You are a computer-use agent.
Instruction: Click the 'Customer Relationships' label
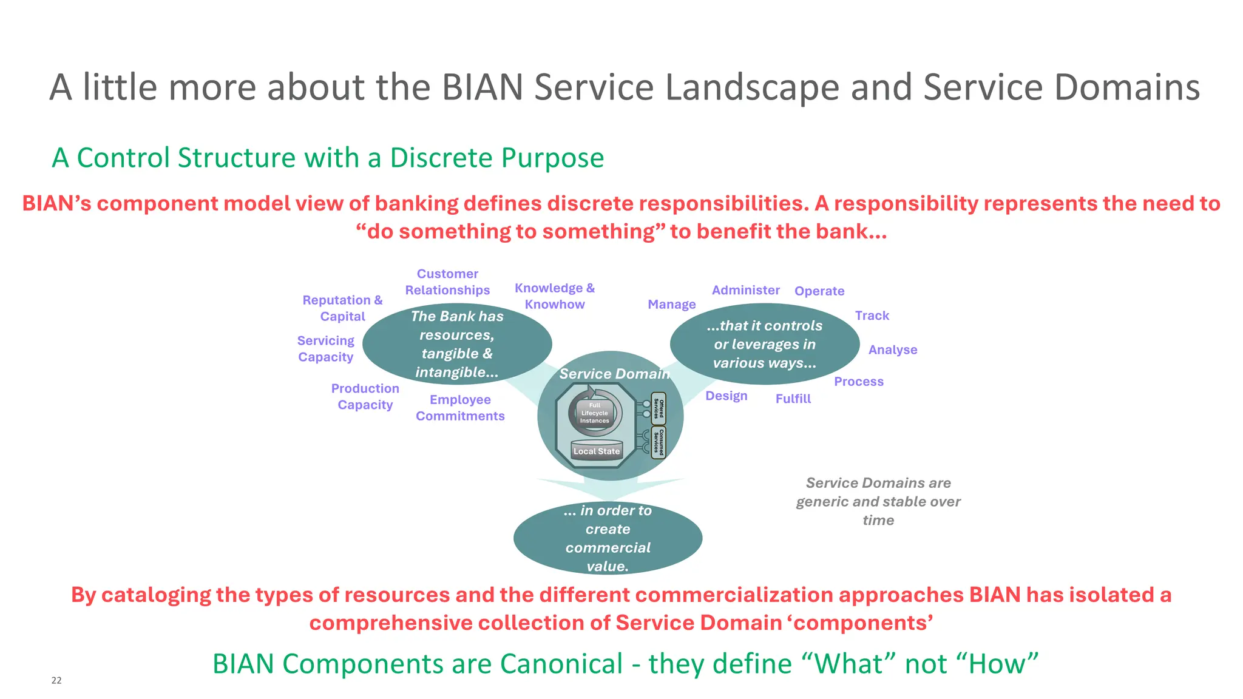pyautogui.click(x=447, y=282)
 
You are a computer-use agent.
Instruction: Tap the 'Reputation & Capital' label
pyautogui.click(x=342, y=308)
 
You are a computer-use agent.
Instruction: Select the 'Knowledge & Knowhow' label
pyautogui.click(x=555, y=296)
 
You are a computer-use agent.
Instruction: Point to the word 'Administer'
pyautogui.click(x=745, y=290)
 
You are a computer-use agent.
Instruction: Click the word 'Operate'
pyautogui.click(x=819, y=291)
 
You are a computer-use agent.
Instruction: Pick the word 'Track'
pyautogui.click(x=872, y=316)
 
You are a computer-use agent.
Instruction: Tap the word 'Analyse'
pyautogui.click(x=892, y=349)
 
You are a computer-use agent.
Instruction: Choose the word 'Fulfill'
pyautogui.click(x=793, y=399)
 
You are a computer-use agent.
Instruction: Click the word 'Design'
pyautogui.click(x=726, y=396)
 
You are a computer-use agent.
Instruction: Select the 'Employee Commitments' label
pyautogui.click(x=460, y=408)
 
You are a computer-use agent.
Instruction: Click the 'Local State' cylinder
pyautogui.click(x=597, y=450)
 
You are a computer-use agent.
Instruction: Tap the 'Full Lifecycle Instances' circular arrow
pyautogui.click(x=595, y=413)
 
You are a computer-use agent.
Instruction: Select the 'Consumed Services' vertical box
pyautogui.click(x=659, y=442)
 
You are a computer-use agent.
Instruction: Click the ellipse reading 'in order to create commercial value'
pyautogui.click(x=608, y=538)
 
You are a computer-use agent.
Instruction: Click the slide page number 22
pyautogui.click(x=56, y=680)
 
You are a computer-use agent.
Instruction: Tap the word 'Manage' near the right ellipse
pyautogui.click(x=671, y=305)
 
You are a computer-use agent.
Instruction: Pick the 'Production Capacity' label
pyautogui.click(x=365, y=396)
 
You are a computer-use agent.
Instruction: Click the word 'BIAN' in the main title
pyautogui.click(x=482, y=87)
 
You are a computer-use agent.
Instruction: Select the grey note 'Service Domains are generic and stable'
pyautogui.click(x=878, y=501)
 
